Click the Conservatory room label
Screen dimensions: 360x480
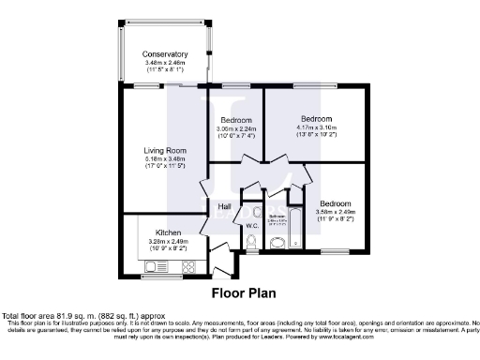(x=165, y=54)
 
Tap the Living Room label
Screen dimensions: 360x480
(x=164, y=150)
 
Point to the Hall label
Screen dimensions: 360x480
(x=225, y=207)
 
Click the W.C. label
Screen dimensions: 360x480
(x=251, y=226)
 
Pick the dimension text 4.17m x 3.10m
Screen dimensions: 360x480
(x=315, y=128)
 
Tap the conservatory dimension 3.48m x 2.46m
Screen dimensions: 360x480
(x=165, y=63)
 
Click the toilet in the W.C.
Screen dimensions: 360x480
(x=252, y=245)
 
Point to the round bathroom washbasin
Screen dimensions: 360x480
(x=277, y=245)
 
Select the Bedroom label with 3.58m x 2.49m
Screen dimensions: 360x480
(x=335, y=204)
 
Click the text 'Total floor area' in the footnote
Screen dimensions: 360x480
(x=29, y=316)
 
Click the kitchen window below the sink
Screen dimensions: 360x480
(x=155, y=277)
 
